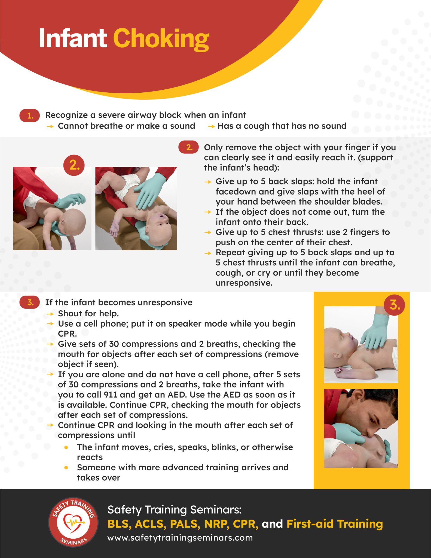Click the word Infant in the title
(73, 39)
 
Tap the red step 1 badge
(30, 116)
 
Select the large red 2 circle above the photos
(74, 165)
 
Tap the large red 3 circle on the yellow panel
(394, 305)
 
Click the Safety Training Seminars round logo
(73, 522)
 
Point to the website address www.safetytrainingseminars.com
(180, 538)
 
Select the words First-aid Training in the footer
(335, 524)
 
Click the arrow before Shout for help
(50, 314)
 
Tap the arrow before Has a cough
(211, 126)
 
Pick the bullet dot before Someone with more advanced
(66, 468)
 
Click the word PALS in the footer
(185, 524)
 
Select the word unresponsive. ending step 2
(244, 283)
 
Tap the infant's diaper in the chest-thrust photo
(127, 186)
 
